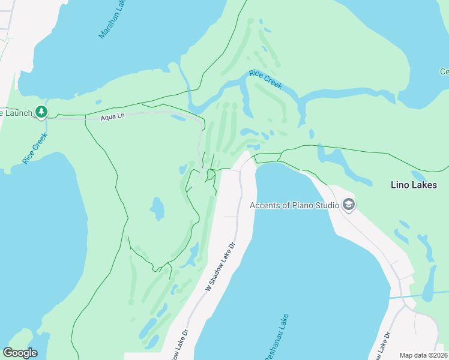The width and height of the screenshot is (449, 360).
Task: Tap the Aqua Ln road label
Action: tap(112, 116)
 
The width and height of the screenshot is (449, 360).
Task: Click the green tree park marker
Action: tap(41, 112)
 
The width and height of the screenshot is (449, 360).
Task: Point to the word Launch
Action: tap(16, 112)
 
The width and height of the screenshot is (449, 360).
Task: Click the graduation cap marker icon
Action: tap(349, 205)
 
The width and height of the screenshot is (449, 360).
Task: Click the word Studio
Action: tap(326, 205)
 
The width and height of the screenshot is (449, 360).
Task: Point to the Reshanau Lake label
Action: tap(276, 337)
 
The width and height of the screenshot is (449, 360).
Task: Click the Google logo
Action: tap(20, 353)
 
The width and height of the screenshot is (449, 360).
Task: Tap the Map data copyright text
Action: tap(424, 355)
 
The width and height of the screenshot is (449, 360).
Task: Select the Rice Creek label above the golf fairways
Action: tap(265, 79)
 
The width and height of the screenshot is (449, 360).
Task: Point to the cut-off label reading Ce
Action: tap(444, 72)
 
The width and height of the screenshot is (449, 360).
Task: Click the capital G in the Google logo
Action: tap(8, 353)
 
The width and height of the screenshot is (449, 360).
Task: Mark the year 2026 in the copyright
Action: tap(439, 355)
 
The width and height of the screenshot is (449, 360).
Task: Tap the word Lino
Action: tap(400, 185)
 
